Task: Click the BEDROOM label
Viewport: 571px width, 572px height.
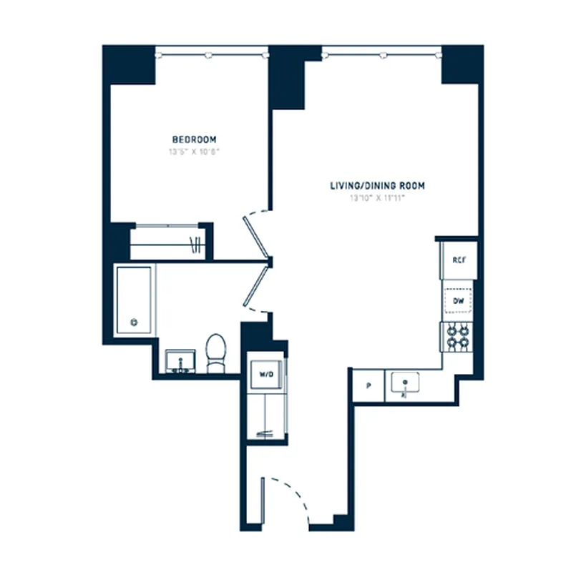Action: [194, 139]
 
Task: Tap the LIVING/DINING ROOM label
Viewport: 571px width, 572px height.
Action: [377, 186]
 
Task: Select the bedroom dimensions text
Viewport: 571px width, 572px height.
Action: [194, 152]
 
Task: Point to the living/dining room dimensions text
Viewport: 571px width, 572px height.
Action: [377, 198]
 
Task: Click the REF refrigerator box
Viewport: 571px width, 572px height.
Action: [459, 260]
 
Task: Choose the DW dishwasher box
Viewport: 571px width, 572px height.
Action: [459, 302]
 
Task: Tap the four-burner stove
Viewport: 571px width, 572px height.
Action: [459, 337]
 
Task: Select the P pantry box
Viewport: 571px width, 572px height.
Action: [369, 386]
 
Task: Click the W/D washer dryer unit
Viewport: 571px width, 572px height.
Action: [265, 373]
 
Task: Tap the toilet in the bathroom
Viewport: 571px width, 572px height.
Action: [215, 353]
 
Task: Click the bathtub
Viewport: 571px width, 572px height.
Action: [134, 300]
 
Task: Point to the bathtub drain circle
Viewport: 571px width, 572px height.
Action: [133, 322]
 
